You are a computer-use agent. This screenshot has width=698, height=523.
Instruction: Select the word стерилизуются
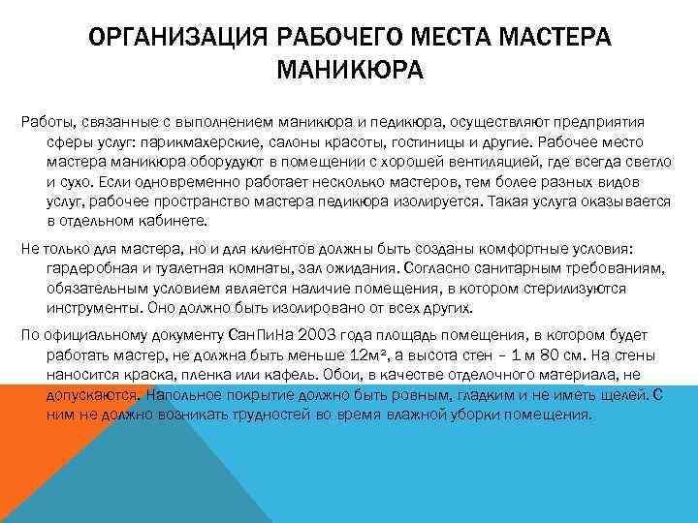click(577, 288)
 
